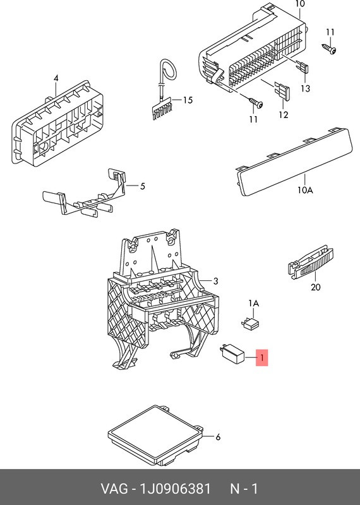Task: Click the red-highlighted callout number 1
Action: [x=261, y=357]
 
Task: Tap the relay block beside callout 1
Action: [x=232, y=354]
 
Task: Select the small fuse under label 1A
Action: [x=250, y=324]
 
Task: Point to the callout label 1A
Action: [x=254, y=304]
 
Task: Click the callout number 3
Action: [x=215, y=281]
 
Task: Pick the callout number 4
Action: [x=56, y=78]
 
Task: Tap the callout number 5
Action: [x=142, y=186]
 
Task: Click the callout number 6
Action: [x=218, y=437]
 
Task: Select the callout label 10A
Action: [x=305, y=190]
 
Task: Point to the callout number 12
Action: [x=284, y=115]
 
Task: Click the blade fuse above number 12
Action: [x=282, y=92]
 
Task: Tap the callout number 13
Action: [x=305, y=88]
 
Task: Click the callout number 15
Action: [x=188, y=100]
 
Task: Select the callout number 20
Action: [x=316, y=287]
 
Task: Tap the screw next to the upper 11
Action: [x=330, y=49]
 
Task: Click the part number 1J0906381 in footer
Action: [x=175, y=489]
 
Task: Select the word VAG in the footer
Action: [x=114, y=489]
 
